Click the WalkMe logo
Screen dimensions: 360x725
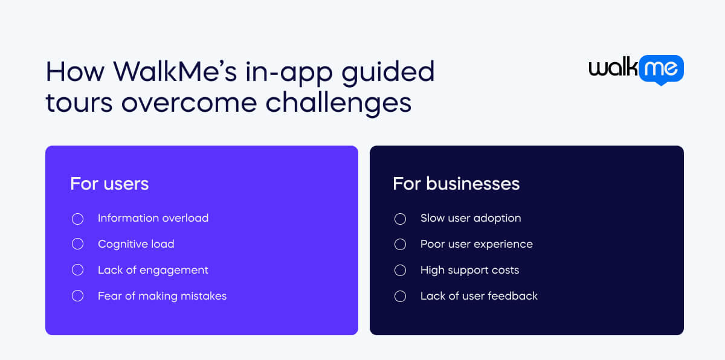[x=636, y=69]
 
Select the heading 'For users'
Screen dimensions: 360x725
[x=109, y=184]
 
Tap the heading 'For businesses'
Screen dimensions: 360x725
[x=456, y=184]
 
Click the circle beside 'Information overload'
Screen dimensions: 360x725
[x=77, y=219]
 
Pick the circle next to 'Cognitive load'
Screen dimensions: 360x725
[x=77, y=244]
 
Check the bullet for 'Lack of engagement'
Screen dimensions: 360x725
[x=77, y=270]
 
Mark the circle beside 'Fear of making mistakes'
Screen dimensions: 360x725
[x=77, y=296]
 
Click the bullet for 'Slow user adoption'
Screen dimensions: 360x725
[x=400, y=219]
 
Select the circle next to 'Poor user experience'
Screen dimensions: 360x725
[x=400, y=244]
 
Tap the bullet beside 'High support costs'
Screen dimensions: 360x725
[x=400, y=270]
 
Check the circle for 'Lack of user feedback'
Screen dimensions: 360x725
[x=400, y=296]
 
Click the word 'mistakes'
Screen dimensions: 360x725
[x=202, y=296]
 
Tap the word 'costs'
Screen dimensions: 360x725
[x=504, y=270]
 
